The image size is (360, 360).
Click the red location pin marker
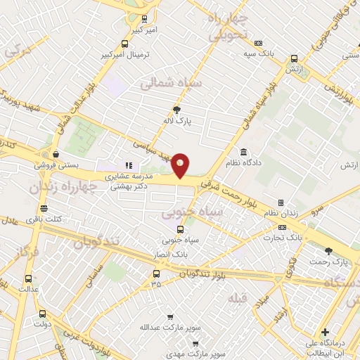(x=181, y=166)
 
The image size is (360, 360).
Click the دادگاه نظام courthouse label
(x=243, y=163)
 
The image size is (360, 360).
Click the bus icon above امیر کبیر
(x=144, y=19)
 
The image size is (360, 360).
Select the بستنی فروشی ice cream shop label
(x=58, y=165)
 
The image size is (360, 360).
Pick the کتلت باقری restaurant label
(x=44, y=219)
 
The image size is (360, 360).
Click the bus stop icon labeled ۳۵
(x=155, y=274)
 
